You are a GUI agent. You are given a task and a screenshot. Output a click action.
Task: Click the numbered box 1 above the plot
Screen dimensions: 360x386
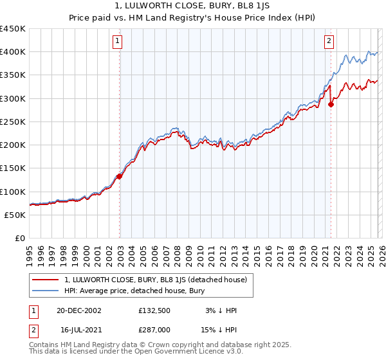(118, 41)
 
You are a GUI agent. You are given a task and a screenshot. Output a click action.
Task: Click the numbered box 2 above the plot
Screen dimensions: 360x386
(329, 41)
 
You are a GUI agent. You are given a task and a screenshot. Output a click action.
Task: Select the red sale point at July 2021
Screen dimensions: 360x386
(331, 104)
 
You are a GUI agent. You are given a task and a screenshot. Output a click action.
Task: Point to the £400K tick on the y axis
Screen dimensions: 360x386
(14, 52)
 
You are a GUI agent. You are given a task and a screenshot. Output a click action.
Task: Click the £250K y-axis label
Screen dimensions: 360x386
(14, 122)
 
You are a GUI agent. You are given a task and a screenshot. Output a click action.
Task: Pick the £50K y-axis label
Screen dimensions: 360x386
(16, 215)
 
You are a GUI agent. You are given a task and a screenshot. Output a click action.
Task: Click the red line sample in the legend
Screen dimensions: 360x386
(46, 279)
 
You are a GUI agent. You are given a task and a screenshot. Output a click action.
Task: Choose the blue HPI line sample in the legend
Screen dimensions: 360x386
(46, 290)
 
